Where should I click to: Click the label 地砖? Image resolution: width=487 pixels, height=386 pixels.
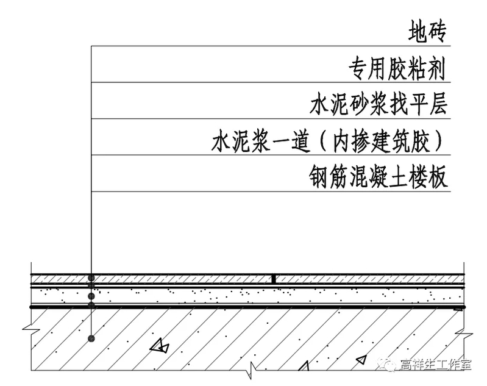coord(428,32)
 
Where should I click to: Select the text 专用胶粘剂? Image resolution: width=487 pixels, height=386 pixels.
coord(397,68)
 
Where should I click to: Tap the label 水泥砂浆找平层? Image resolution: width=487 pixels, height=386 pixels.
coord(379,105)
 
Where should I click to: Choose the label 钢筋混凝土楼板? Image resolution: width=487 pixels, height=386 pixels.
coord(379,177)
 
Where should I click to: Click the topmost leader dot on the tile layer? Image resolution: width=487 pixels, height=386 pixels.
coord(91,277)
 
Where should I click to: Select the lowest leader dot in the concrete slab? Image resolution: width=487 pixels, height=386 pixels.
coord(91,337)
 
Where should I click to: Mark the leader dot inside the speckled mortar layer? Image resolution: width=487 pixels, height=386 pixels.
coord(91,296)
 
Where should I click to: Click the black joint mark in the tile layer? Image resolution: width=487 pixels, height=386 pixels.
coord(274,279)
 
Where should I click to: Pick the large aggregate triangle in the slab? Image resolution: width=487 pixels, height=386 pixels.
coord(160,346)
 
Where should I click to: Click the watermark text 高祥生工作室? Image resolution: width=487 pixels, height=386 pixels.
coord(436,366)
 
